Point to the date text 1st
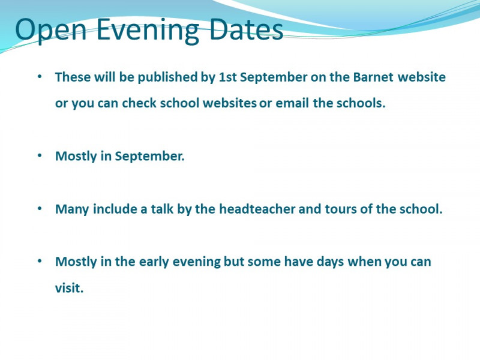[x=228, y=77]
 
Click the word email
[x=292, y=103]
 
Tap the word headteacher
[x=257, y=209]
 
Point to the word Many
[x=72, y=209]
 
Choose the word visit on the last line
[x=69, y=288]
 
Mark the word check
[x=139, y=103]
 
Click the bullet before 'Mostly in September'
[x=40, y=155]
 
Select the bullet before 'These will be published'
[x=40, y=77]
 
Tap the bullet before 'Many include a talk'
[x=40, y=208]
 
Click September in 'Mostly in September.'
[x=149, y=157]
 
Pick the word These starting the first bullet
[x=73, y=77]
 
